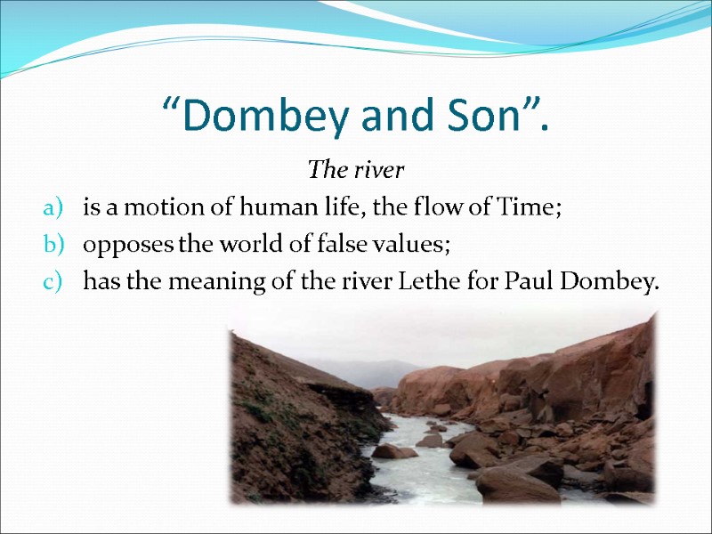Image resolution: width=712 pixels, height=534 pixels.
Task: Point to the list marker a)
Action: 51,209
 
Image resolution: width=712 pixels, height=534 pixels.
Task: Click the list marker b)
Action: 51,247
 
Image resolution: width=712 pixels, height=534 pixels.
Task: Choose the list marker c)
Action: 51,284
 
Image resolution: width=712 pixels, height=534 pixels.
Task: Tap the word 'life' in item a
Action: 326,209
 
